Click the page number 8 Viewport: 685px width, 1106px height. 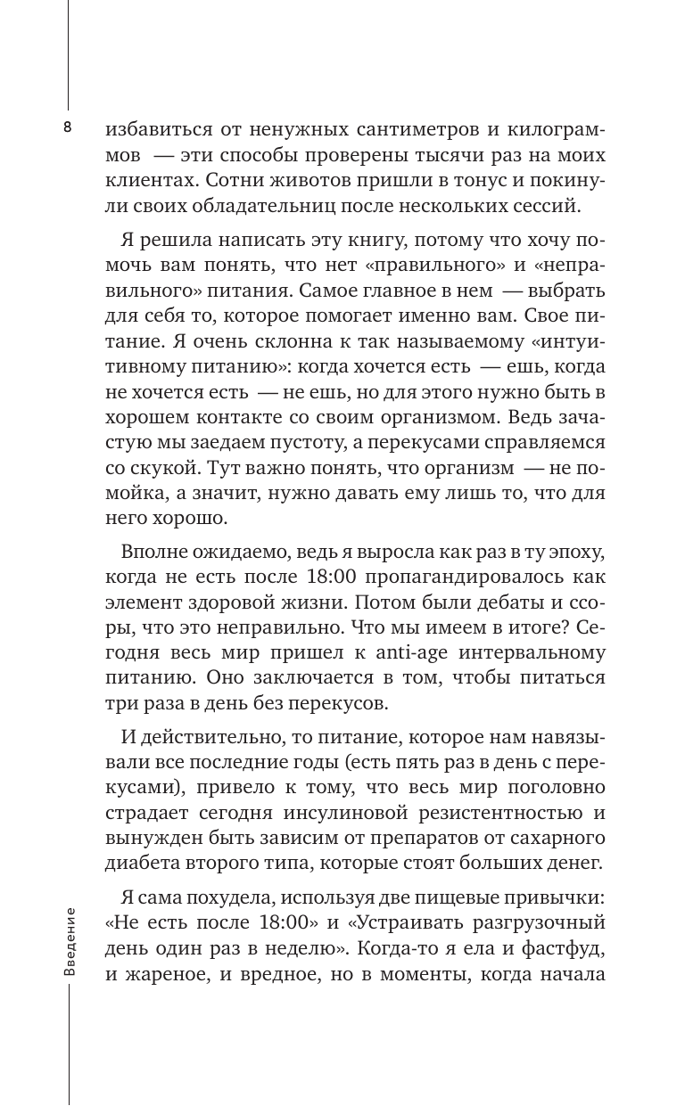click(x=67, y=127)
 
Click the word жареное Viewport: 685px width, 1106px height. click(x=169, y=976)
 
